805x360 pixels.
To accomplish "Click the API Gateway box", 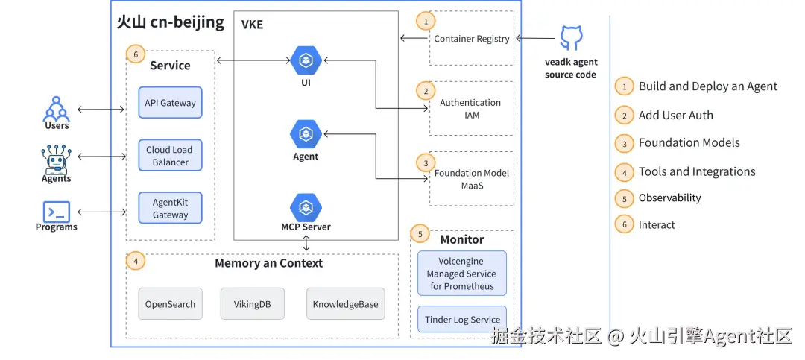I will (x=170, y=103).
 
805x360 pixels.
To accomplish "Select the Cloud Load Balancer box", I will (x=170, y=156).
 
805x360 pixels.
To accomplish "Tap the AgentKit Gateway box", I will (x=170, y=209).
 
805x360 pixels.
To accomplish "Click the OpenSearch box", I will (x=170, y=304).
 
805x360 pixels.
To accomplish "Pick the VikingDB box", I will (x=253, y=304).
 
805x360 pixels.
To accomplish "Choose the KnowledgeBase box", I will (x=345, y=304).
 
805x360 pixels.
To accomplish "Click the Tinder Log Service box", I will (x=462, y=320).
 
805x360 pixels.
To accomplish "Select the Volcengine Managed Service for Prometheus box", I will (x=462, y=274).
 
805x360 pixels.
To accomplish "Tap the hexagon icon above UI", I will (x=306, y=60).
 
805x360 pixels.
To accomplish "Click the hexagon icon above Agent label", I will (x=305, y=134).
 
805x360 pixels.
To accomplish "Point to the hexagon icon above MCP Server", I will (x=306, y=206).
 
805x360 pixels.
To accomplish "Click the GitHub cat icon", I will (x=571, y=38).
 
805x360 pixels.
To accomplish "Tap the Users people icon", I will (x=57, y=109).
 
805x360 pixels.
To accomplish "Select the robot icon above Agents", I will (x=56, y=159).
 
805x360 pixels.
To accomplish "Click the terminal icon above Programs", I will (x=57, y=212).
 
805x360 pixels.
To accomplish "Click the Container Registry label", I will (x=472, y=39).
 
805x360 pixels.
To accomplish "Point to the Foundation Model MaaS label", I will (x=472, y=179).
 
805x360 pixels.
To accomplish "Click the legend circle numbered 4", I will (x=624, y=171).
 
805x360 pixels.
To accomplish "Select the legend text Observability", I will (x=669, y=198).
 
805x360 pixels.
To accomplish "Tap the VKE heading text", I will (x=252, y=25).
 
